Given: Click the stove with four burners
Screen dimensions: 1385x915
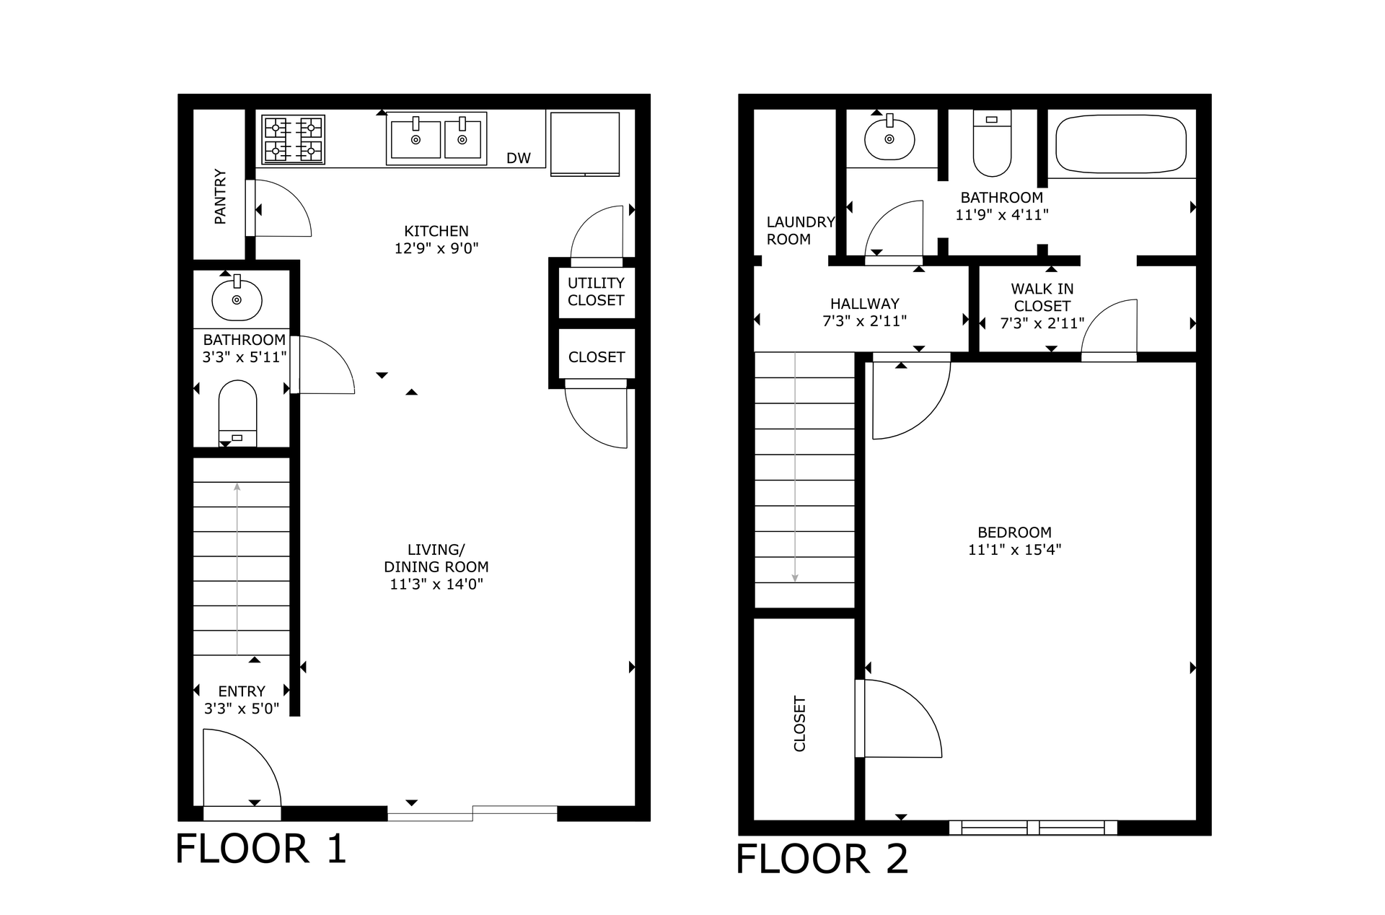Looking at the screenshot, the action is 293,139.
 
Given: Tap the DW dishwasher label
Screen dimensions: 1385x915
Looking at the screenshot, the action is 519,158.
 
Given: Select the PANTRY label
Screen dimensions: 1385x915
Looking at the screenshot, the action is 221,196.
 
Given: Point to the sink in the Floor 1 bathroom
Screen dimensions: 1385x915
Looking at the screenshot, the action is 237,298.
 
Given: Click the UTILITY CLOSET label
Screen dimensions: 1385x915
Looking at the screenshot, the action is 596,292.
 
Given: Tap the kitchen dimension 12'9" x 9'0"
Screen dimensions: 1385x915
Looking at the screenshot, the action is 436,248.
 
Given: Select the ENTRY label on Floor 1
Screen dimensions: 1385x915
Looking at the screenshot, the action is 242,691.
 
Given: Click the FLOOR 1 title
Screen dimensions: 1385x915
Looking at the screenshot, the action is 261,848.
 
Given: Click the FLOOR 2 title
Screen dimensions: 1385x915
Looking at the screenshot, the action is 822,859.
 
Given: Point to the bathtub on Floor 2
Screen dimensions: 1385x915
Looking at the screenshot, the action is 1121,144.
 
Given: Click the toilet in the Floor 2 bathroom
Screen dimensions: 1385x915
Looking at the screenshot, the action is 993,143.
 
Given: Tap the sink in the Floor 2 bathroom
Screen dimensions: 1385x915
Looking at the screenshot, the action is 889,137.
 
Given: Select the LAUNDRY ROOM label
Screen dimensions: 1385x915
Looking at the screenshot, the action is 800,231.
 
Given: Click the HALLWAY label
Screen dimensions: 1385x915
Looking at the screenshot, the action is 865,304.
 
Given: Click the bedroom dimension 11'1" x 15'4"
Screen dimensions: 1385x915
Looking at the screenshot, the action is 1014,550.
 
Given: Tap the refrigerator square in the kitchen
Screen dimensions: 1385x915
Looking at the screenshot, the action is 585,144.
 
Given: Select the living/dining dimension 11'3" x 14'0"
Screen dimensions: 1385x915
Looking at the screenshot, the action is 436,585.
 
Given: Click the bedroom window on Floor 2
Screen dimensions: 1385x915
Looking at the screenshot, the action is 1033,828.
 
